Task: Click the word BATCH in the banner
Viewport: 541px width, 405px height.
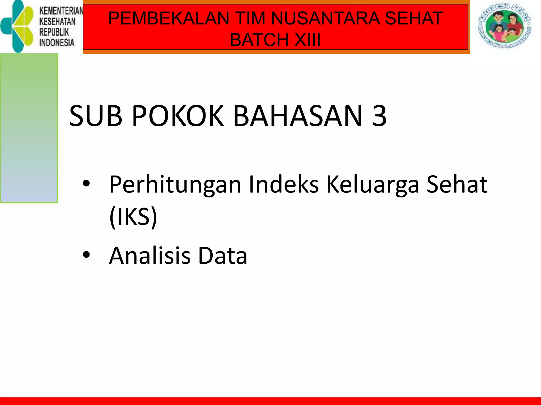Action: pyautogui.click(x=259, y=40)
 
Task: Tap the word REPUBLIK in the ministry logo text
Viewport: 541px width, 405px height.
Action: pyautogui.click(x=54, y=32)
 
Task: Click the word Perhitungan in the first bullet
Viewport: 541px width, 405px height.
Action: pyautogui.click(x=175, y=185)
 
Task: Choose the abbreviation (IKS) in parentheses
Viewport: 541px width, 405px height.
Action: pyautogui.click(x=133, y=217)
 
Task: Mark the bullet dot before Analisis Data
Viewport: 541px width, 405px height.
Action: pyautogui.click(x=86, y=255)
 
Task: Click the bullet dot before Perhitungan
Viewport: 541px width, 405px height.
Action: pyautogui.click(x=86, y=184)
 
